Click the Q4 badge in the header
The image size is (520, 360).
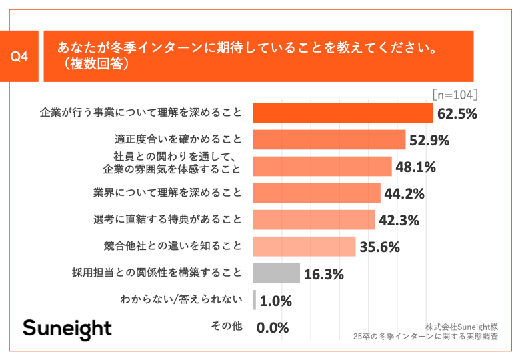pyautogui.click(x=20, y=57)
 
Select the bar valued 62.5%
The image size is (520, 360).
pyautogui.click(x=343, y=113)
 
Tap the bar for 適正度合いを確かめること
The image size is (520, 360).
pyautogui.click(x=330, y=140)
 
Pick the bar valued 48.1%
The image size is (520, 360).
pyautogui.click(x=323, y=167)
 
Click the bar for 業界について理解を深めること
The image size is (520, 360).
pyautogui.click(x=317, y=193)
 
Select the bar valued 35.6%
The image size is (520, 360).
pyautogui.click(x=305, y=247)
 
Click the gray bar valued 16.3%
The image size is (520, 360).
pyautogui.click(x=277, y=273)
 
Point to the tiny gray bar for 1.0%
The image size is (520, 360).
pyautogui.click(x=255, y=300)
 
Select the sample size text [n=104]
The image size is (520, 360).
pyautogui.click(x=455, y=94)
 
